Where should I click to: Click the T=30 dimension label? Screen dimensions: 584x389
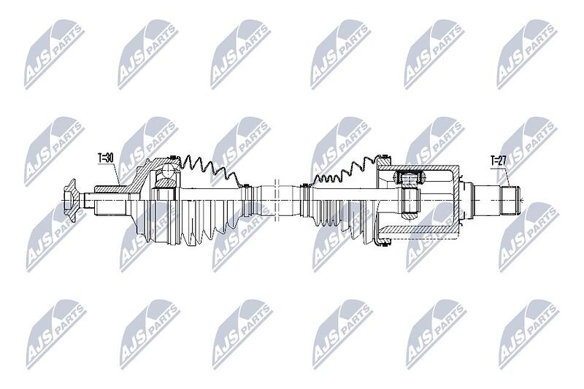click(x=105, y=158)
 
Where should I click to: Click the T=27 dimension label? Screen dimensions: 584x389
click(x=498, y=161)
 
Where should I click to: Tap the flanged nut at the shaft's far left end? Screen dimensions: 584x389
click(x=70, y=200)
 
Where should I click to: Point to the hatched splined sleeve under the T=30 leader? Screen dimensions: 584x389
click(x=111, y=188)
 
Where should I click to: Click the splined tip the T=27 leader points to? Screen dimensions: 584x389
click(x=510, y=200)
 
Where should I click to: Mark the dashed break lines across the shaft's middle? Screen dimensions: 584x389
click(x=277, y=199)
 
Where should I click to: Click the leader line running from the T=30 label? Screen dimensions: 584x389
click(x=115, y=174)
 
